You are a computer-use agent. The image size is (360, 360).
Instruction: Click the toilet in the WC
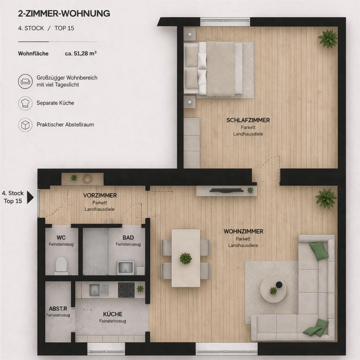[x=61, y=265]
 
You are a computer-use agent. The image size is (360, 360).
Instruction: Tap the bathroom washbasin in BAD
[x=126, y=267]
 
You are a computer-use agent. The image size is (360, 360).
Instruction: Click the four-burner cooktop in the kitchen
[x=126, y=290]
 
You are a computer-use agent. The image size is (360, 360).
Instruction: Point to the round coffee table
[x=273, y=290]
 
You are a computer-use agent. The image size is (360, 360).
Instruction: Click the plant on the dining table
[x=186, y=258]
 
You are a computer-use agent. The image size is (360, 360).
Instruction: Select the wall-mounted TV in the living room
[x=226, y=190]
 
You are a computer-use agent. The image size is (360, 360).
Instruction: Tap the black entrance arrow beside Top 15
[x=30, y=197]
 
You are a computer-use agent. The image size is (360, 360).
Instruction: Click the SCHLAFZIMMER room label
[x=248, y=120]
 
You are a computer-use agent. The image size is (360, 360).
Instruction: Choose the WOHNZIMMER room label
[x=243, y=231]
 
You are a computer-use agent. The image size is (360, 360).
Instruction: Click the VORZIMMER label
[x=100, y=195]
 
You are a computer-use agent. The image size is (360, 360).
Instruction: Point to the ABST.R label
[x=58, y=309]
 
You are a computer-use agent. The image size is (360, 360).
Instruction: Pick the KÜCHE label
[x=112, y=314]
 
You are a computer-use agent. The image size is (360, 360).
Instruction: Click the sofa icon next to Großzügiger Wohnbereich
[x=25, y=81]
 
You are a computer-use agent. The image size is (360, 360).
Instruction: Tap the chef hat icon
[x=25, y=103]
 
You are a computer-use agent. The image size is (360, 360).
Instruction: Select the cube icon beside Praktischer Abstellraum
[x=25, y=125]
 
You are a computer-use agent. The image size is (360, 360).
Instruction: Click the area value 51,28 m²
[x=81, y=53]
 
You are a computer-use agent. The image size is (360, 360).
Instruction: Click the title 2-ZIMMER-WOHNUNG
[x=64, y=14]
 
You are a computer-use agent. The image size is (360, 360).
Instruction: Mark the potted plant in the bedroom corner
[x=328, y=39]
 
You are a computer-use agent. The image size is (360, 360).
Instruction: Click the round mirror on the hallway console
[x=88, y=178]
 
